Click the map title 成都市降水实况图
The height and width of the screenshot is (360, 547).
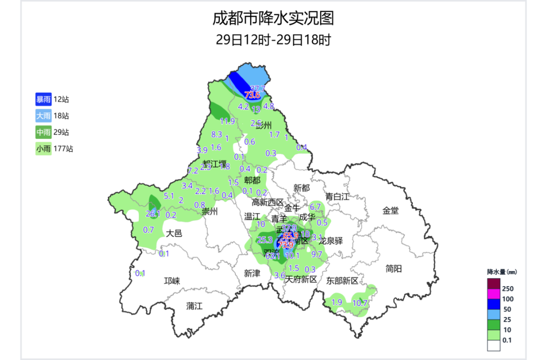pyautogui.click(x=273, y=19)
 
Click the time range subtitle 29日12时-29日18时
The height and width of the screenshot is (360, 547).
pyautogui.click(x=273, y=40)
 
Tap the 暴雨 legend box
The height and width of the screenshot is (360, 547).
pyautogui.click(x=43, y=99)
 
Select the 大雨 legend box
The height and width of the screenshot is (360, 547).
pyautogui.click(x=43, y=115)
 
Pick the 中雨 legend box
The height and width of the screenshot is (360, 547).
pyautogui.click(x=43, y=132)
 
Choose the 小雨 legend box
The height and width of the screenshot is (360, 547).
pyautogui.click(x=43, y=149)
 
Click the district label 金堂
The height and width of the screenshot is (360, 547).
pyautogui.click(x=390, y=210)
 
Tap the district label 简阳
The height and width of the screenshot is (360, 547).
pyautogui.click(x=393, y=268)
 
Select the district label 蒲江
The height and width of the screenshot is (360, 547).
pyautogui.click(x=194, y=306)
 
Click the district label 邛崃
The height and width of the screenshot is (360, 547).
pyautogui.click(x=172, y=281)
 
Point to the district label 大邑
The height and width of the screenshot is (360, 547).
pyautogui.click(x=173, y=233)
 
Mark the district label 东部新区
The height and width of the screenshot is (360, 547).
pyautogui.click(x=342, y=281)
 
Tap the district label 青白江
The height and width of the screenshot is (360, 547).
pyautogui.click(x=337, y=196)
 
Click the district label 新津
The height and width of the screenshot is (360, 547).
pyautogui.click(x=252, y=273)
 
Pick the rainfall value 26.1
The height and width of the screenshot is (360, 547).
pyautogui.click(x=152, y=214)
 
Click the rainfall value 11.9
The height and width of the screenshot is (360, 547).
pyautogui.click(x=227, y=121)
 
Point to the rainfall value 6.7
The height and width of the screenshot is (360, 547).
pyautogui.click(x=316, y=206)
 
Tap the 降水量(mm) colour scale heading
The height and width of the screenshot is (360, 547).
pyautogui.click(x=501, y=272)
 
